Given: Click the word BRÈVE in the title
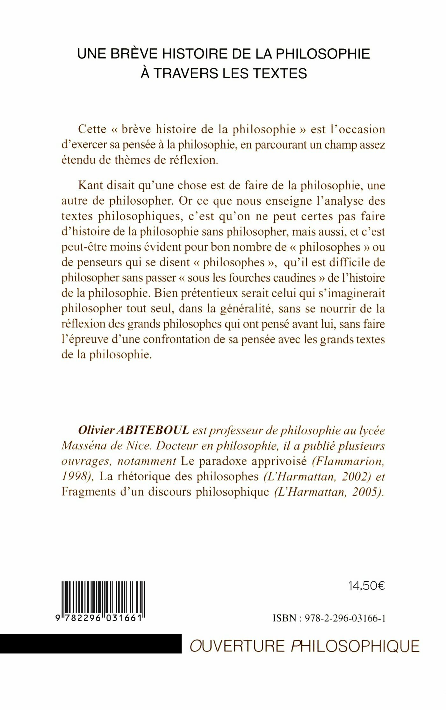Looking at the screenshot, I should pos(134,54).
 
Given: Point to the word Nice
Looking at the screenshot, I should pos(138,446).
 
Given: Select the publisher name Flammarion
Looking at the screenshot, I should pos(348,461).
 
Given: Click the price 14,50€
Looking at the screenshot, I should pos(367,586).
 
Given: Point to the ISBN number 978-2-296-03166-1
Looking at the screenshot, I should pos(345,618).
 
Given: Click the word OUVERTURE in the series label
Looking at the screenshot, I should pos(237,646).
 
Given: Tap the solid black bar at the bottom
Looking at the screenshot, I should pos(90,643).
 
